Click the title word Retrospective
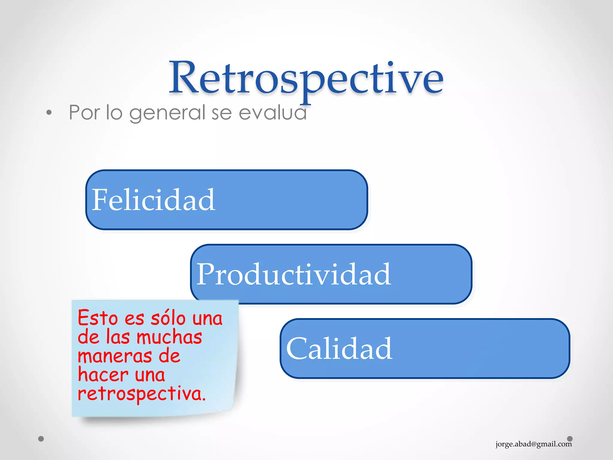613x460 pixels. coord(306,78)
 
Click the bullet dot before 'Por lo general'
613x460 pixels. coord(49,113)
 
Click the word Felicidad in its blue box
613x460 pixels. coord(153,200)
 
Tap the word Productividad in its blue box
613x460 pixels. coord(293,274)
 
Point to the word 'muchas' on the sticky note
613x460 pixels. coord(169,337)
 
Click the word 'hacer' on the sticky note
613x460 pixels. coord(103,375)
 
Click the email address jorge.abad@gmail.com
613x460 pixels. coord(533,444)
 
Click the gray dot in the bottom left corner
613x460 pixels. coord(41,439)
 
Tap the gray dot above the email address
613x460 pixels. coord(570,438)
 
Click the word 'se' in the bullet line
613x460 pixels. coord(222,113)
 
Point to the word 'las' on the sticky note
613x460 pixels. coord(118,337)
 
